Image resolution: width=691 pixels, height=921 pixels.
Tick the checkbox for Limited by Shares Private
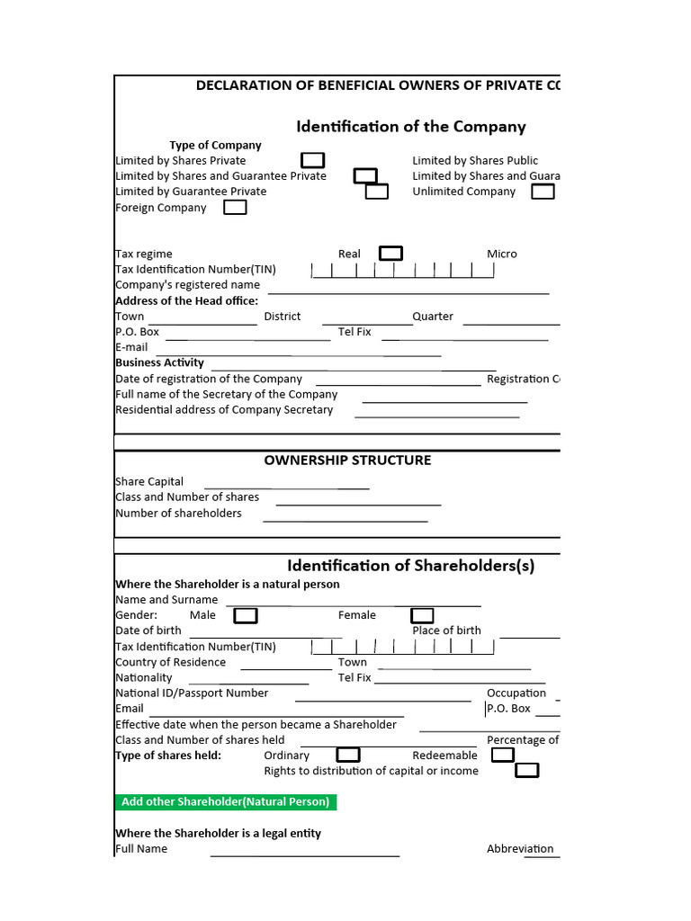pyautogui.click(x=312, y=160)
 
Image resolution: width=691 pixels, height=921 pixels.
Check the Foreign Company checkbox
pyautogui.click(x=235, y=208)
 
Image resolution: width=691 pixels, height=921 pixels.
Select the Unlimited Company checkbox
pyautogui.click(x=543, y=192)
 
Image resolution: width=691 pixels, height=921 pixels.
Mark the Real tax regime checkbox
pyautogui.click(x=390, y=254)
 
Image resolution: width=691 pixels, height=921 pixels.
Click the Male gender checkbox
pyautogui.click(x=246, y=615)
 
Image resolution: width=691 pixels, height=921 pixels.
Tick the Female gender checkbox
pyautogui.click(x=422, y=615)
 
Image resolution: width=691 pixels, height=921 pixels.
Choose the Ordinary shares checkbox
pyautogui.click(x=348, y=755)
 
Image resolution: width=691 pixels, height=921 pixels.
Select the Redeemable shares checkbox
pyautogui.click(x=503, y=755)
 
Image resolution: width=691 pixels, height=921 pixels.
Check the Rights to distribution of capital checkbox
pyautogui.click(x=527, y=770)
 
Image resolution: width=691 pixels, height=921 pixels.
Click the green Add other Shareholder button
pyautogui.click(x=226, y=801)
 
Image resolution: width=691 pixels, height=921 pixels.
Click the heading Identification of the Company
pyautogui.click(x=410, y=127)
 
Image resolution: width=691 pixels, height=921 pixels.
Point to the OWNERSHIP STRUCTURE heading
pyautogui.click(x=347, y=460)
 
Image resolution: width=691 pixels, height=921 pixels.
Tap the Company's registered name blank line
pyautogui.click(x=408, y=290)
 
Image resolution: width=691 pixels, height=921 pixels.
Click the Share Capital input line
pyautogui.click(x=287, y=486)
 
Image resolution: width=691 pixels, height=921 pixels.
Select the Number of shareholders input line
pyautogui.click(x=345, y=518)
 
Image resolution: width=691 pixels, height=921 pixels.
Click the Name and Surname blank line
pyautogui.click(x=353, y=604)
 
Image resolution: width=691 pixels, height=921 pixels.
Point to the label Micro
pyautogui.click(x=502, y=254)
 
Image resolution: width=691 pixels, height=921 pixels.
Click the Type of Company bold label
pyautogui.click(x=215, y=145)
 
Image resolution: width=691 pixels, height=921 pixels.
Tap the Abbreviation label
pyautogui.click(x=520, y=848)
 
